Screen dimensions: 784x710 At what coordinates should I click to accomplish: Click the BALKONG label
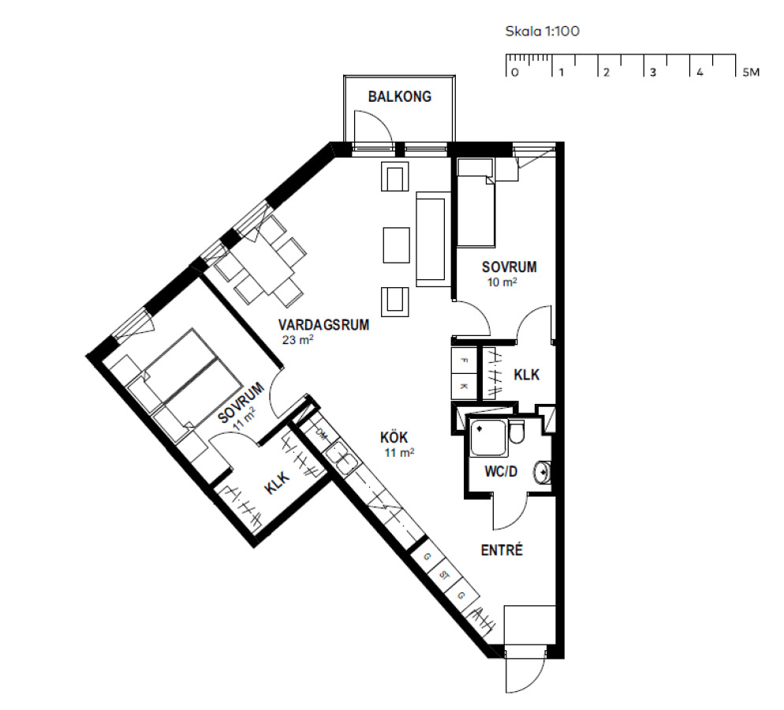click(400, 96)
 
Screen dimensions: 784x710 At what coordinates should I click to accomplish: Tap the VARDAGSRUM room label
click(323, 325)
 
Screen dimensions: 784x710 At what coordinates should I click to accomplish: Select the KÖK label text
click(394, 438)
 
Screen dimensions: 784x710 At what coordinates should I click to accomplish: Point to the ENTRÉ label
click(502, 550)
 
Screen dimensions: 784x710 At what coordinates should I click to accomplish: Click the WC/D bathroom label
click(501, 472)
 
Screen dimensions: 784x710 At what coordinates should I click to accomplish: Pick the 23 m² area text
click(297, 340)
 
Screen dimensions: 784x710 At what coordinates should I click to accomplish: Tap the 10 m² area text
click(502, 282)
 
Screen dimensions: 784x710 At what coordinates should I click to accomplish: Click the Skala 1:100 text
click(542, 31)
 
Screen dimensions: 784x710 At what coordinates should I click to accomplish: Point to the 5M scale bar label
click(751, 73)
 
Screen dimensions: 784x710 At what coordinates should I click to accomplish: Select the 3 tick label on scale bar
click(652, 73)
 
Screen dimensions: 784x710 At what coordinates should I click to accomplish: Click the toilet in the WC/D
click(517, 432)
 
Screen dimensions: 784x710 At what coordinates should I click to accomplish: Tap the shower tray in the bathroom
click(488, 438)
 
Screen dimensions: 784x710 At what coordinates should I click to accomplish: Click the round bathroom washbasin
click(542, 472)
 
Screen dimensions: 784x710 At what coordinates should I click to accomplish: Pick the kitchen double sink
click(339, 458)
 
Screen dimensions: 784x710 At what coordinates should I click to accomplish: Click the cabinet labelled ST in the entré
click(444, 576)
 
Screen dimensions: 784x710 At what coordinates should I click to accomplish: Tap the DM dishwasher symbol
click(321, 435)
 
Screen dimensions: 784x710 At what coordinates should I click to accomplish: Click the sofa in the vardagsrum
click(431, 239)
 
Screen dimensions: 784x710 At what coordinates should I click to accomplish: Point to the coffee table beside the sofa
click(397, 245)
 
